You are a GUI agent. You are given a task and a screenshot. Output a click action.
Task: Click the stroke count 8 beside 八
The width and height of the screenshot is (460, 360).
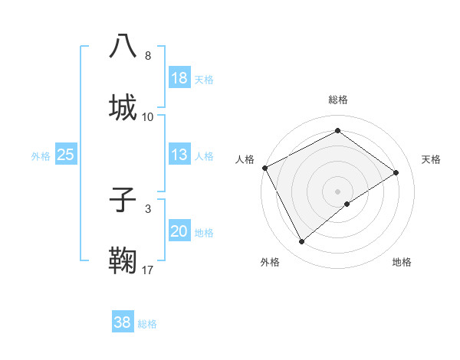point(148,56)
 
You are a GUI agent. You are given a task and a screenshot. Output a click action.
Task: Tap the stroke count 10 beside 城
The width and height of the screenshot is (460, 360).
point(148,116)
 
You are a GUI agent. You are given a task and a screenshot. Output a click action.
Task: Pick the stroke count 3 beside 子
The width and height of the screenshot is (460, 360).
point(148,208)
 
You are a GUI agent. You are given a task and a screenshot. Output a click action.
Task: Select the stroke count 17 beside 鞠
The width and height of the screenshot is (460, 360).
point(148,270)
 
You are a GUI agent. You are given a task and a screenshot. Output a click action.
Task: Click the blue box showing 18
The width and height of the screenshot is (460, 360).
point(179,78)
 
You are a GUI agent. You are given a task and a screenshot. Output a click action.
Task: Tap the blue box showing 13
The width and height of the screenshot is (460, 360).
point(179,155)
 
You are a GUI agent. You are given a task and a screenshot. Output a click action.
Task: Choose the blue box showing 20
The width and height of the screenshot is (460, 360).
point(179,231)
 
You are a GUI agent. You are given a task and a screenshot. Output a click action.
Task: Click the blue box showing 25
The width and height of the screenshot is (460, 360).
point(66,155)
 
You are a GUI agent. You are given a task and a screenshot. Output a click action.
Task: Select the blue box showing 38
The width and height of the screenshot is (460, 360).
point(122,322)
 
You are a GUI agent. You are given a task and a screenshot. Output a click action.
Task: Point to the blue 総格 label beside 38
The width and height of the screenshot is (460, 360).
point(147,324)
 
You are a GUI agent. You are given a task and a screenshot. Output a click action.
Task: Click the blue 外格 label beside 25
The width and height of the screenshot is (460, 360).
point(41,156)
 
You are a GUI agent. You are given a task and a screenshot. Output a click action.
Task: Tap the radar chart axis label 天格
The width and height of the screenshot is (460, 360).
point(432,159)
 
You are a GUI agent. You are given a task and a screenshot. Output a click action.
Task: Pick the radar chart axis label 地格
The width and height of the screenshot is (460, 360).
point(402,262)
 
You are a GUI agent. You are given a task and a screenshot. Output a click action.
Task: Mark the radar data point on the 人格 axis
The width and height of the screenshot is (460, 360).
point(264,168)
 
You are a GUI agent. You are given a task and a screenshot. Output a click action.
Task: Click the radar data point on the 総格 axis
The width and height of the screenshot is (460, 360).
point(337,131)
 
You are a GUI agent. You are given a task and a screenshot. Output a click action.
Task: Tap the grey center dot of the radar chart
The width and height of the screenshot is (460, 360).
point(337,191)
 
